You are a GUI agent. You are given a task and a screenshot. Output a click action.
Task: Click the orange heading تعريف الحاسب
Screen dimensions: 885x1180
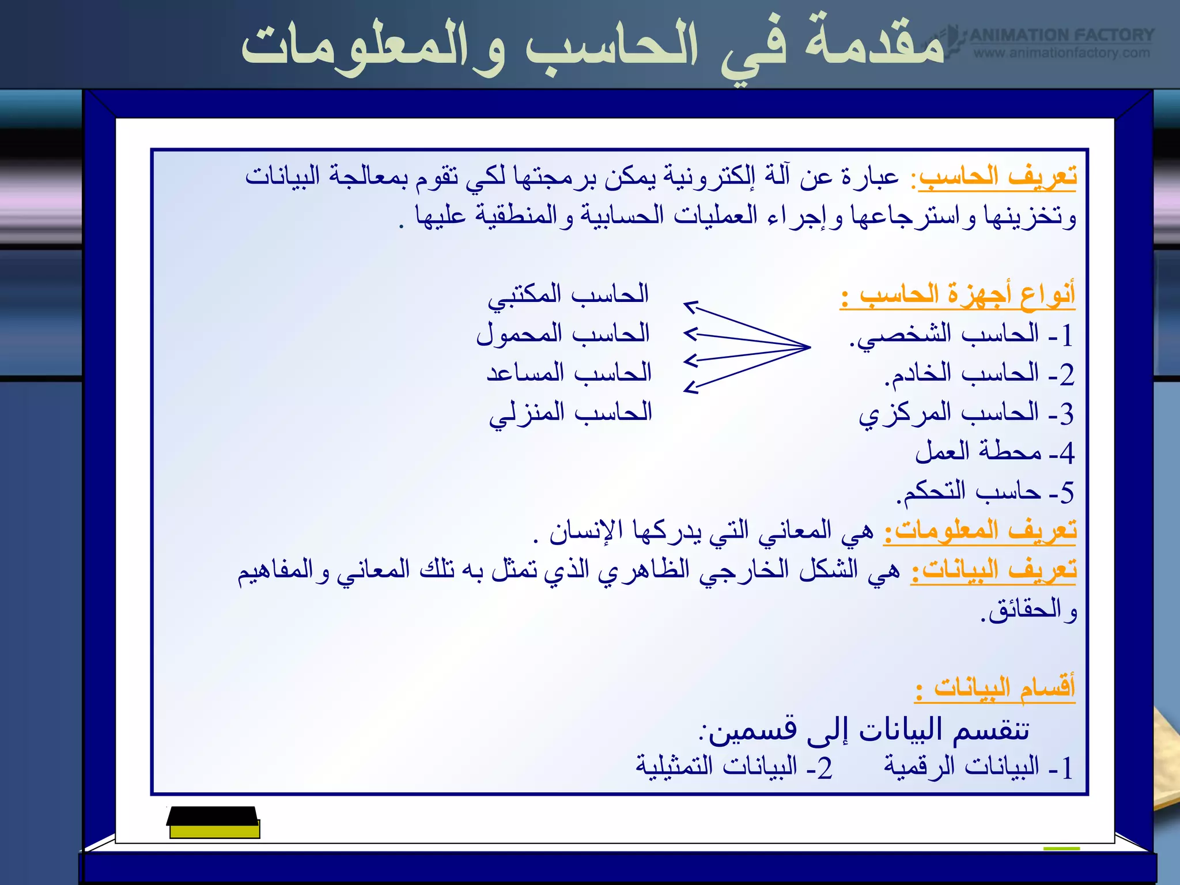coord(997,176)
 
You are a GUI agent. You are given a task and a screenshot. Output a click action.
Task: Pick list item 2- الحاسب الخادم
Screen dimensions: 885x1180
coord(979,374)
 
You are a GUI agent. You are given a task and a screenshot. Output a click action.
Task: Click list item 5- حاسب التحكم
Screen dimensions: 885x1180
coord(985,492)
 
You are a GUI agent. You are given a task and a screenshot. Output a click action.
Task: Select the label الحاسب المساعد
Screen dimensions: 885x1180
coord(569,373)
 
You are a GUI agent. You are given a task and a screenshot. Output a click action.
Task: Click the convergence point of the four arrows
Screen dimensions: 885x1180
coord(809,347)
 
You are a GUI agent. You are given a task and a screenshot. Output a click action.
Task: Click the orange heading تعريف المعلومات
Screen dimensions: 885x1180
coord(979,530)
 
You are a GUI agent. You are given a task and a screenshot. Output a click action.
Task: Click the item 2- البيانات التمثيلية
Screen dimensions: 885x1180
coord(734,767)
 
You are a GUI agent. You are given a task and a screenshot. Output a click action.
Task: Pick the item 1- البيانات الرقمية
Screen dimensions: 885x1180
coord(978,767)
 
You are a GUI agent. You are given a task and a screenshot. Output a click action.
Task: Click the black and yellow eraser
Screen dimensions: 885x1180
coord(213,822)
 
